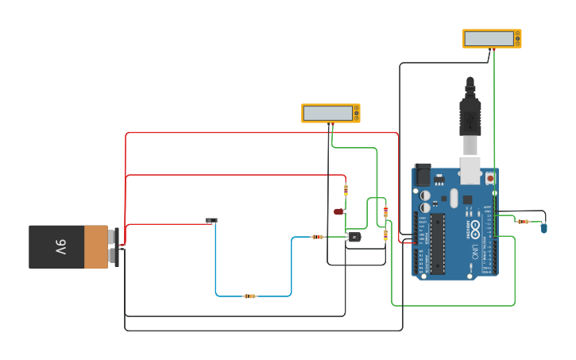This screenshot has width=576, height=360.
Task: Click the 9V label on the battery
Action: (61, 247)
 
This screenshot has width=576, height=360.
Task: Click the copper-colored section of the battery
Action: (96, 247)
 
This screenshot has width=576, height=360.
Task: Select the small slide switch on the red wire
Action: (211, 220)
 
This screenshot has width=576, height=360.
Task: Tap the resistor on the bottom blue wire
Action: (250, 296)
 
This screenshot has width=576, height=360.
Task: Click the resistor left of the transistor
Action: (319, 237)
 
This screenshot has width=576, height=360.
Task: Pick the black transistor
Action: (354, 237)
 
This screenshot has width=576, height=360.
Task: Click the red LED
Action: (338, 211)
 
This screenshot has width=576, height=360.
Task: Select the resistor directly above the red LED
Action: (346, 189)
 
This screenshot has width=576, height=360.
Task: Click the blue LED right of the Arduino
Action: (544, 228)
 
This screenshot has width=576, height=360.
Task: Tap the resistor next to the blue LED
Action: (523, 222)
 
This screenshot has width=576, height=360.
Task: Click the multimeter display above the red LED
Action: (328, 113)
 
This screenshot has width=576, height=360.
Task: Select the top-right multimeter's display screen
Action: (489, 38)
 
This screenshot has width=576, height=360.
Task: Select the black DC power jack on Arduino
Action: (423, 174)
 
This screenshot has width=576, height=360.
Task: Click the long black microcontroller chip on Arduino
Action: (438, 243)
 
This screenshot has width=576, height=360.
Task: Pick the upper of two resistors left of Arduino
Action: (386, 212)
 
